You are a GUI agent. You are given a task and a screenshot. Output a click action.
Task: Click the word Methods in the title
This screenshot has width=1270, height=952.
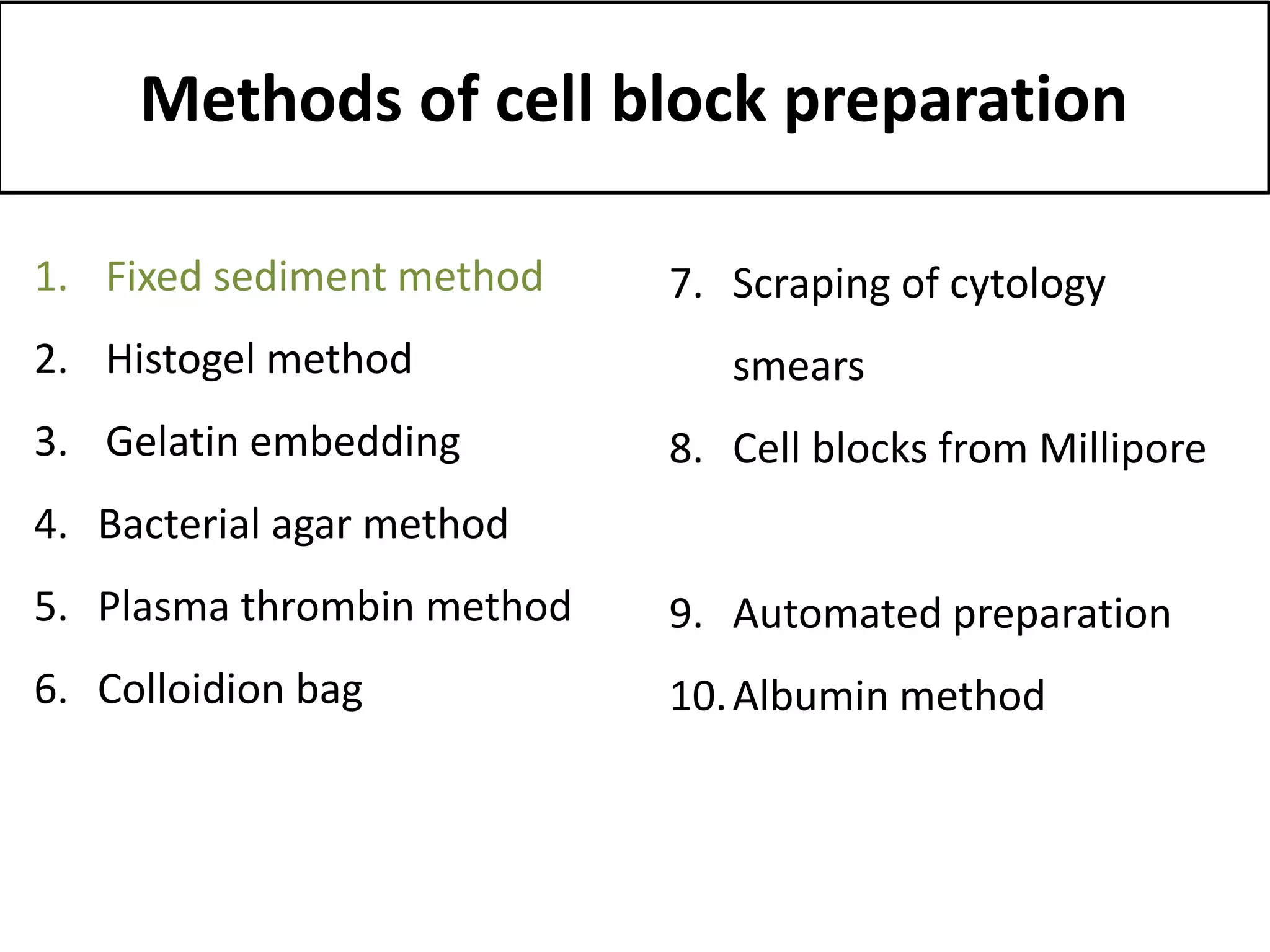(x=271, y=99)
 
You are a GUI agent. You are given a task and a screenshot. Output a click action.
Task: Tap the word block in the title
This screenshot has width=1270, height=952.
(x=688, y=99)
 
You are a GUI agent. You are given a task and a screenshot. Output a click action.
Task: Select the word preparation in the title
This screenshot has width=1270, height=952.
(x=955, y=102)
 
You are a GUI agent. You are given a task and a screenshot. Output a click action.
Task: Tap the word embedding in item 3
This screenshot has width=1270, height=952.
(x=355, y=443)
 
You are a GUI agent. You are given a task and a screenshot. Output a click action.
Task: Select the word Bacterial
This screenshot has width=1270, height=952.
(x=179, y=524)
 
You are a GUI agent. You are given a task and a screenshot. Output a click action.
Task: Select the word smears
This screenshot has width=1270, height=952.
(x=798, y=367)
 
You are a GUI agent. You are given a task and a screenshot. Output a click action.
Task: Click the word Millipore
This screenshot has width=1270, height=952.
(x=1122, y=449)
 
